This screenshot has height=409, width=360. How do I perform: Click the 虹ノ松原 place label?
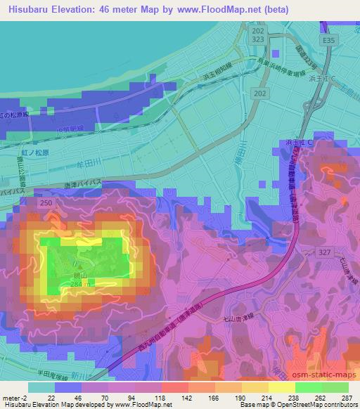click(x=34, y=152)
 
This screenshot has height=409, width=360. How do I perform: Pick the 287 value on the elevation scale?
click(x=347, y=398)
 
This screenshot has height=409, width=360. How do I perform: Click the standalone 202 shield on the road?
click(x=261, y=93)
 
